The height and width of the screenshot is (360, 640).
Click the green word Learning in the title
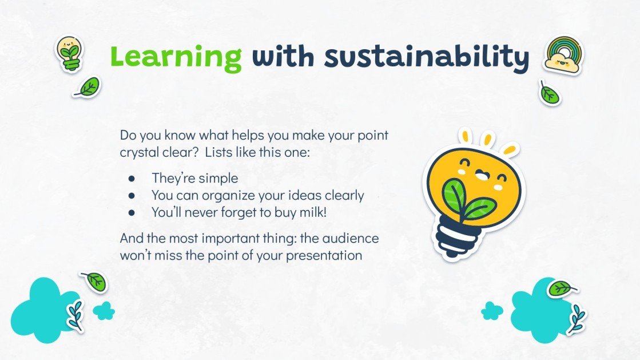[176, 57]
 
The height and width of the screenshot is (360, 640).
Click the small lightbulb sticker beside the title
[70, 54]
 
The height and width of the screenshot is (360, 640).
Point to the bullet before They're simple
[131, 179]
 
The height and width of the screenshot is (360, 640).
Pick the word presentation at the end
[324, 256]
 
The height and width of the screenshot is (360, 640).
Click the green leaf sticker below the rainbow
[549, 93]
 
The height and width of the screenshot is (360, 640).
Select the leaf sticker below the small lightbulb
[87, 87]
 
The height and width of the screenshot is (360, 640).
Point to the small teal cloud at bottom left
[104, 311]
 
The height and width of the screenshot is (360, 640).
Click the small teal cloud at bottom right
[492, 311]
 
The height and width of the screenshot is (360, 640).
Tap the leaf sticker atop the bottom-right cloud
[562, 288]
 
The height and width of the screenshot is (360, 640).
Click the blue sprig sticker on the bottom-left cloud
[76, 315]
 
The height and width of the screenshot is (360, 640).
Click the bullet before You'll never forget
[131, 213]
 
